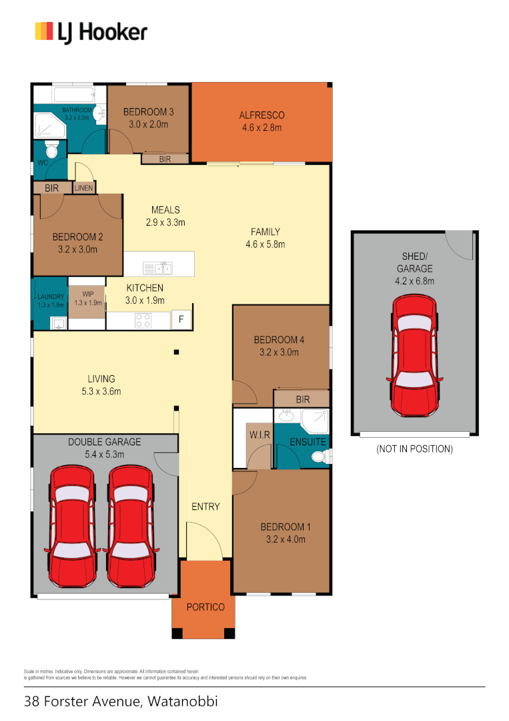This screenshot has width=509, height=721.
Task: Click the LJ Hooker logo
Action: pyautogui.click(x=91, y=31)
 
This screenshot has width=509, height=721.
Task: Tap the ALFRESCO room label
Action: pyautogui.click(x=262, y=115)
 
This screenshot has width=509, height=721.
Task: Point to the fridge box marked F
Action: pyautogui.click(x=180, y=320)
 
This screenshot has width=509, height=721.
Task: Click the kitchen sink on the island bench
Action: pyautogui.click(x=158, y=268)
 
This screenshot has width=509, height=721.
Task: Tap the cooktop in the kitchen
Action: pyautogui.click(x=143, y=320)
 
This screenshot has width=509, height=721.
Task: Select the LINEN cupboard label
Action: pyautogui.click(x=84, y=188)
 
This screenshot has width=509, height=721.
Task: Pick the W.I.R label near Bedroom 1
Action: pyautogui.click(x=258, y=435)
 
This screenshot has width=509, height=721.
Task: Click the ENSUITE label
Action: pyautogui.click(x=308, y=442)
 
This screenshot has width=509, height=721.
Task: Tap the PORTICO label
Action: pyautogui.click(x=205, y=607)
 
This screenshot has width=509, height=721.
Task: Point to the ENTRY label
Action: pyautogui.click(x=205, y=507)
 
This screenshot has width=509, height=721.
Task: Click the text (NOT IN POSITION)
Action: pyautogui.click(x=414, y=449)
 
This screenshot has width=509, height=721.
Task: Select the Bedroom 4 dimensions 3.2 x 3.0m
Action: pyautogui.click(x=279, y=352)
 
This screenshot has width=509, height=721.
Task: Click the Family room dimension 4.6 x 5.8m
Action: pyautogui.click(x=265, y=244)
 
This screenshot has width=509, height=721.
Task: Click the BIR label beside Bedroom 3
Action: pyautogui.click(x=164, y=159)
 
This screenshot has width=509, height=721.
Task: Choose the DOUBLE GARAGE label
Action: pyautogui.click(x=105, y=442)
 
